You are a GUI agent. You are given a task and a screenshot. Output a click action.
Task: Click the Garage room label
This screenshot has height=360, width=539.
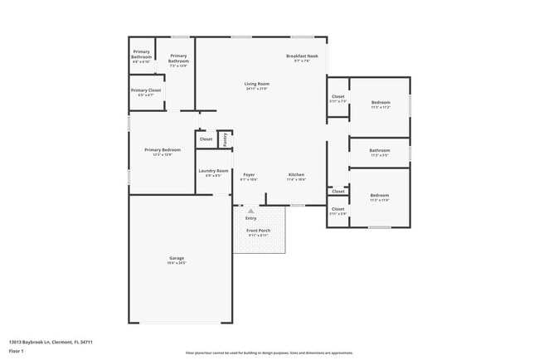[x=177, y=258]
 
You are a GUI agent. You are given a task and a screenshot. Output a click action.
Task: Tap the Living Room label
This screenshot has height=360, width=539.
[x=256, y=84]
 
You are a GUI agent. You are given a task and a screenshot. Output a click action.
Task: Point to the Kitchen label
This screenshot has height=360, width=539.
[x=296, y=174]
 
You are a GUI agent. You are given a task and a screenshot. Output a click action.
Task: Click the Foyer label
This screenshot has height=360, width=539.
[x=248, y=174]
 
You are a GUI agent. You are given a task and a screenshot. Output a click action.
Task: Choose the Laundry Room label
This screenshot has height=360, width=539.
[x=213, y=171]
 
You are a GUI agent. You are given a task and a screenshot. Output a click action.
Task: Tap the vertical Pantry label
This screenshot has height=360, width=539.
[x=225, y=139]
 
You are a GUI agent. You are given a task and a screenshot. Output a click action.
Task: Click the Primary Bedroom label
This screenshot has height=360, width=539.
[x=162, y=149]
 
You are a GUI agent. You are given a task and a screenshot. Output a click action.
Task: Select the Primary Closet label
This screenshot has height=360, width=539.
[x=145, y=90]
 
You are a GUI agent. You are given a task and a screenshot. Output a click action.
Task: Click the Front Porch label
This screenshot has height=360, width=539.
[x=259, y=230]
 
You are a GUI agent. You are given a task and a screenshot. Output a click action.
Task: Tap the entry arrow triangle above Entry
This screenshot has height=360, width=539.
[x=250, y=212]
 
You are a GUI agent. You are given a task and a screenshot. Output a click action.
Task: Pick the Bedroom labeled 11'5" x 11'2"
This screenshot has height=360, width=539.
[x=380, y=102]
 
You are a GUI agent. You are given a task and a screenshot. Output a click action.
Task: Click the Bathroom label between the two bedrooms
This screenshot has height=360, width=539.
[x=380, y=150]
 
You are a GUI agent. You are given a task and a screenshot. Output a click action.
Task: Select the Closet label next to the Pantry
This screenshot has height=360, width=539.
[x=206, y=139]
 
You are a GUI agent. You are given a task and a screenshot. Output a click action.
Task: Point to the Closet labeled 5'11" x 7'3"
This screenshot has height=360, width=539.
[x=337, y=96]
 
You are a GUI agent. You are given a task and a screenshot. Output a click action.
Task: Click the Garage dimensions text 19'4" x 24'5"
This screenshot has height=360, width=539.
[x=177, y=263]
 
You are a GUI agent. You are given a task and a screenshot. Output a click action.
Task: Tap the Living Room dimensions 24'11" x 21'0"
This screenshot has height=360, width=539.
[x=256, y=89]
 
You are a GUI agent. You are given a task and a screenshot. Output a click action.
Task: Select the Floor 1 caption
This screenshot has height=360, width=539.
[x=17, y=351]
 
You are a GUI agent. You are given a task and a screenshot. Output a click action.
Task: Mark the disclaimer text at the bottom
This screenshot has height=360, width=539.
[x=269, y=353]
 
